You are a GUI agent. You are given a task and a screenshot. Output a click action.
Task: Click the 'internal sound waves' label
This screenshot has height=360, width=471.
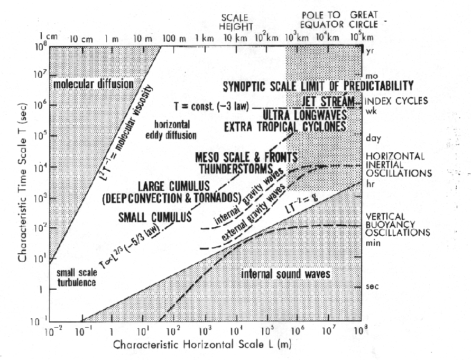(x=286, y=273)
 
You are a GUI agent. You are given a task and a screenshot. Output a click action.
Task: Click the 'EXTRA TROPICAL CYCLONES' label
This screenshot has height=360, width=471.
(x=285, y=126)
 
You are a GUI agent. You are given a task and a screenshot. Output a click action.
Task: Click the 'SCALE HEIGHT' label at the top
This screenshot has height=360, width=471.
(x=234, y=22)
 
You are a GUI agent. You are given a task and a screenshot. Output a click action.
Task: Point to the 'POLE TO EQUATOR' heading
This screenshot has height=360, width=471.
(x=322, y=20)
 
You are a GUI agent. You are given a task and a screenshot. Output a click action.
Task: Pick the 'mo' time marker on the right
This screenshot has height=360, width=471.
(x=372, y=76)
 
